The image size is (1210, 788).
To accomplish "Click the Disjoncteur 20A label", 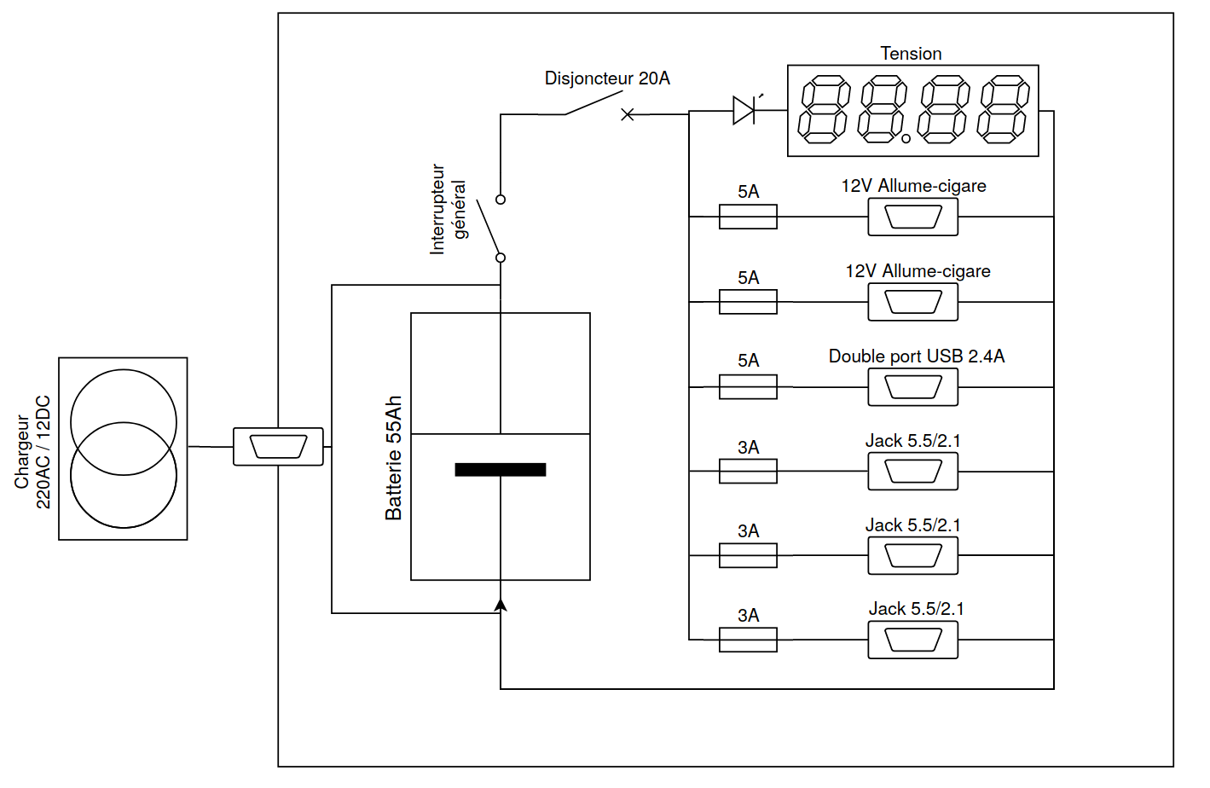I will (607, 78).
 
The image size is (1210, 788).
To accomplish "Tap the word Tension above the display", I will (911, 54).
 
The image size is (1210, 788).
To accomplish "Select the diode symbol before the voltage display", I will (744, 111).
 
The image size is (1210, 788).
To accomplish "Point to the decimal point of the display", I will (906, 138).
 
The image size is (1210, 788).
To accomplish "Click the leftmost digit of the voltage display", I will (824, 110).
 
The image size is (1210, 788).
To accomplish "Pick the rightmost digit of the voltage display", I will (1003, 110).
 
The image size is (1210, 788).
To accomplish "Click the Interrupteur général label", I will (449, 210).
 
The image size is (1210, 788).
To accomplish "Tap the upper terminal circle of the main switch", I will (501, 200).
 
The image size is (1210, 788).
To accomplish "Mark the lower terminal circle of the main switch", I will (501, 258).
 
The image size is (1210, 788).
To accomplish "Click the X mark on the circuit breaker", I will (628, 114).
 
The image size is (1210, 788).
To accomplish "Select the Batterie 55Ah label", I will (393, 458).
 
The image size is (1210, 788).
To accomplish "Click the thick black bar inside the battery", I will (501, 469).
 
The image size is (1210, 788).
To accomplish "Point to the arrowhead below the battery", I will (501, 605).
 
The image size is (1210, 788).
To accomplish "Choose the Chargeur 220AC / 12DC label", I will (32, 452).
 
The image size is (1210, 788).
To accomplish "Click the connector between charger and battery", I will (278, 447).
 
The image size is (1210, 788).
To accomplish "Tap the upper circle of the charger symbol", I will (124, 422).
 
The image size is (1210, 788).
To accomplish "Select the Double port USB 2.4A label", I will (917, 356).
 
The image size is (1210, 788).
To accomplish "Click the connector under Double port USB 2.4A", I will (912, 387).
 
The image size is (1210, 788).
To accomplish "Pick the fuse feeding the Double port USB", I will (748, 387).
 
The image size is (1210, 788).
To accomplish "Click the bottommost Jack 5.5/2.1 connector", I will (912, 640).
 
